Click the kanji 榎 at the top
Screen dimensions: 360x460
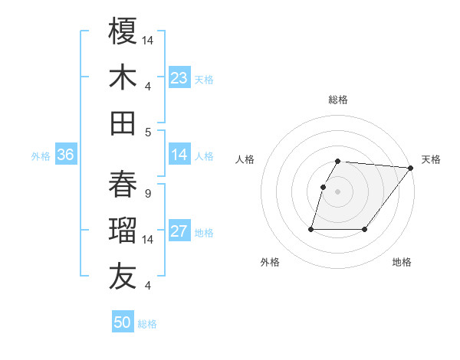pos(123,31)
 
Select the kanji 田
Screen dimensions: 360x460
pos(123,123)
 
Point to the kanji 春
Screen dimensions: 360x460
pos(123,184)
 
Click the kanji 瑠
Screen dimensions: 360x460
pos(123,231)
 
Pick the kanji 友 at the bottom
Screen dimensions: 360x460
pos(123,277)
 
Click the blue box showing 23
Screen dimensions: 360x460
pos(179,77)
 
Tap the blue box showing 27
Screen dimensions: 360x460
pos(179,231)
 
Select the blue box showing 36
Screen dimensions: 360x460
pos(65,155)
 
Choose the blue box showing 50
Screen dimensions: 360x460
pos(123,322)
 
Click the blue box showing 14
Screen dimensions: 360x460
pos(179,155)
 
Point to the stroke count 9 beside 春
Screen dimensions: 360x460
pos(147,194)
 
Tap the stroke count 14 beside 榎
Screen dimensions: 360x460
pos(149,40)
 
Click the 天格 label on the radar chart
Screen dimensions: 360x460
pos(431,159)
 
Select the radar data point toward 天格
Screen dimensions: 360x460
pos(412,168)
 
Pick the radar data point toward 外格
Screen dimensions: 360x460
pos(311,229)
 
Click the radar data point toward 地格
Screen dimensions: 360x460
pos(365,229)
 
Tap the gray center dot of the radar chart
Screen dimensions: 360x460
pos(338,191)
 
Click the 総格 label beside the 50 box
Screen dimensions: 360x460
pos(147,324)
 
